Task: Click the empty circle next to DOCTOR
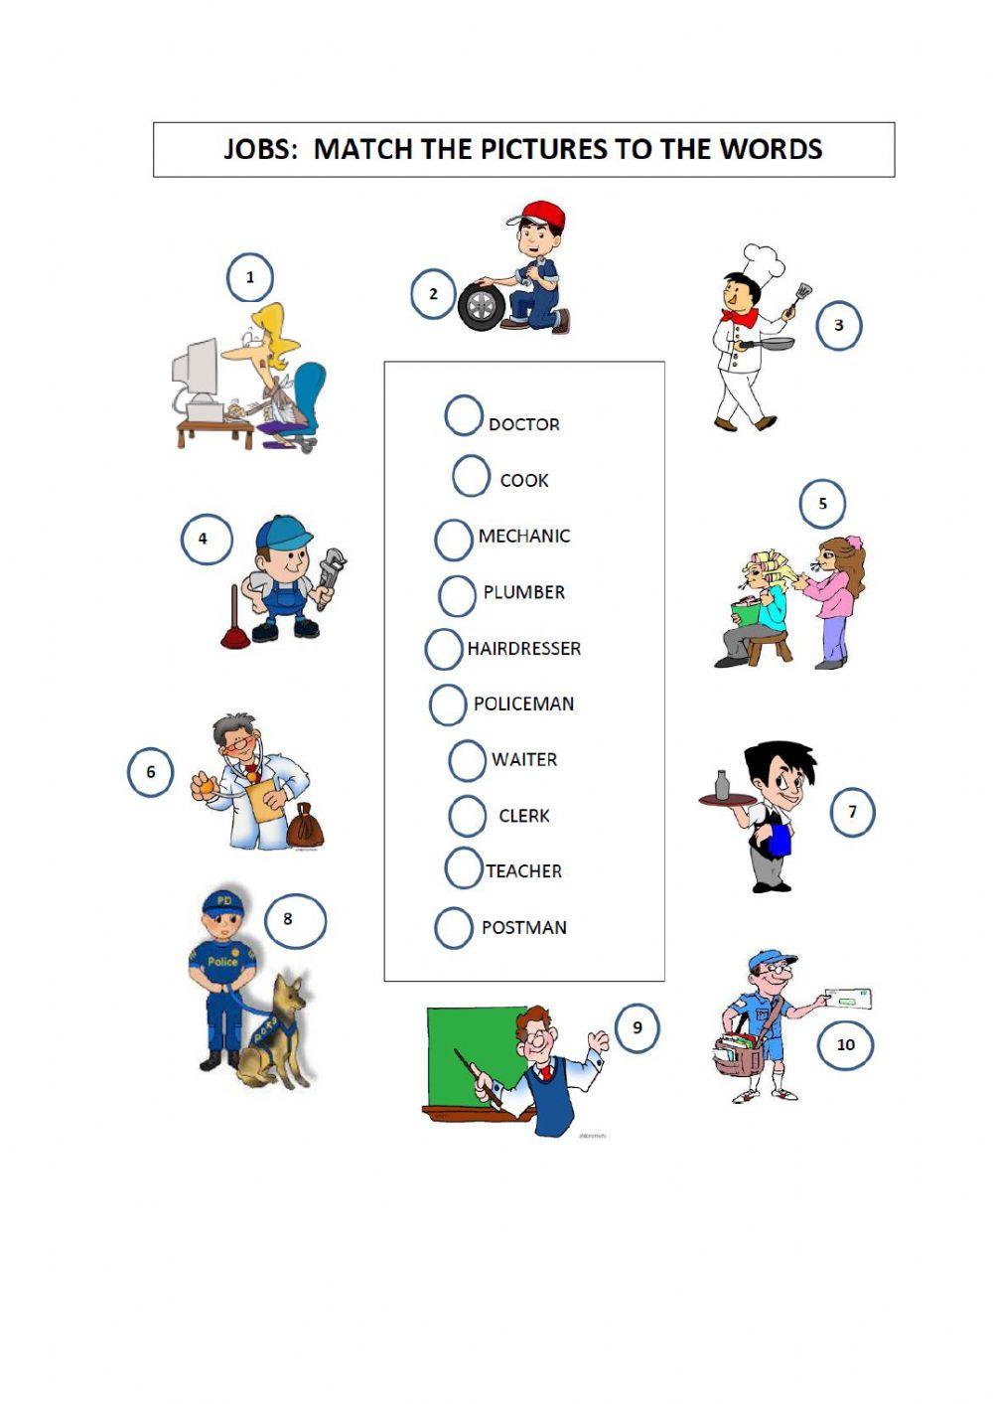tap(463, 416)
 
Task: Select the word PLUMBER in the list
tap(523, 592)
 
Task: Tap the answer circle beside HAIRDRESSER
tap(444, 649)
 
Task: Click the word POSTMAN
tap(523, 927)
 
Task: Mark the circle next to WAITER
tap(467, 760)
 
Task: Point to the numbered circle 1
tap(249, 277)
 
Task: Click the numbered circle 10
tap(845, 1044)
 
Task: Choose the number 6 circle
tap(151, 772)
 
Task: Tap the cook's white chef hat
tap(764, 261)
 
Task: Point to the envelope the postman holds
tap(847, 999)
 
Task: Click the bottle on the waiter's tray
tap(722, 785)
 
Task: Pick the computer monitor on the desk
tap(196, 369)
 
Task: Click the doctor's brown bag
tap(305, 826)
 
